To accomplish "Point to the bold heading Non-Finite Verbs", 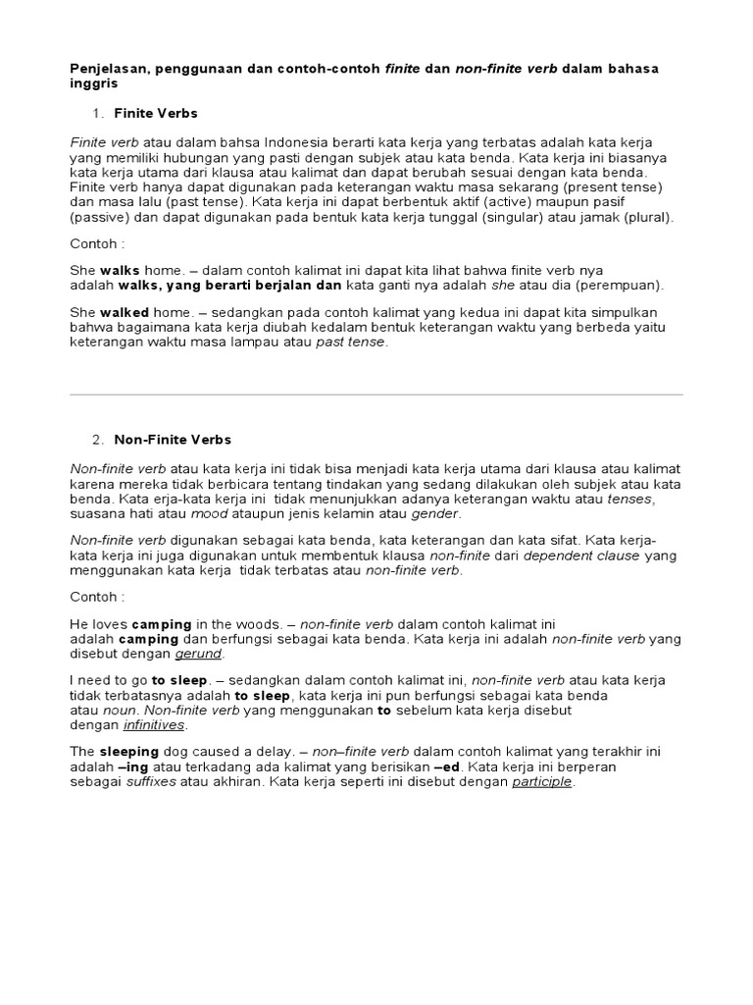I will [x=173, y=440].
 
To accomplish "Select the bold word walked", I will [x=125, y=312].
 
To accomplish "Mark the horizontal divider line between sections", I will [x=376, y=395].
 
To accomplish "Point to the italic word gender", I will [x=434, y=513].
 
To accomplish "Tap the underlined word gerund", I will [x=199, y=654].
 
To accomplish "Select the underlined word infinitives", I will [x=154, y=725].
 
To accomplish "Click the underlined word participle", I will [x=542, y=782].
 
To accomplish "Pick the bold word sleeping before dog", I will [x=129, y=751].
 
